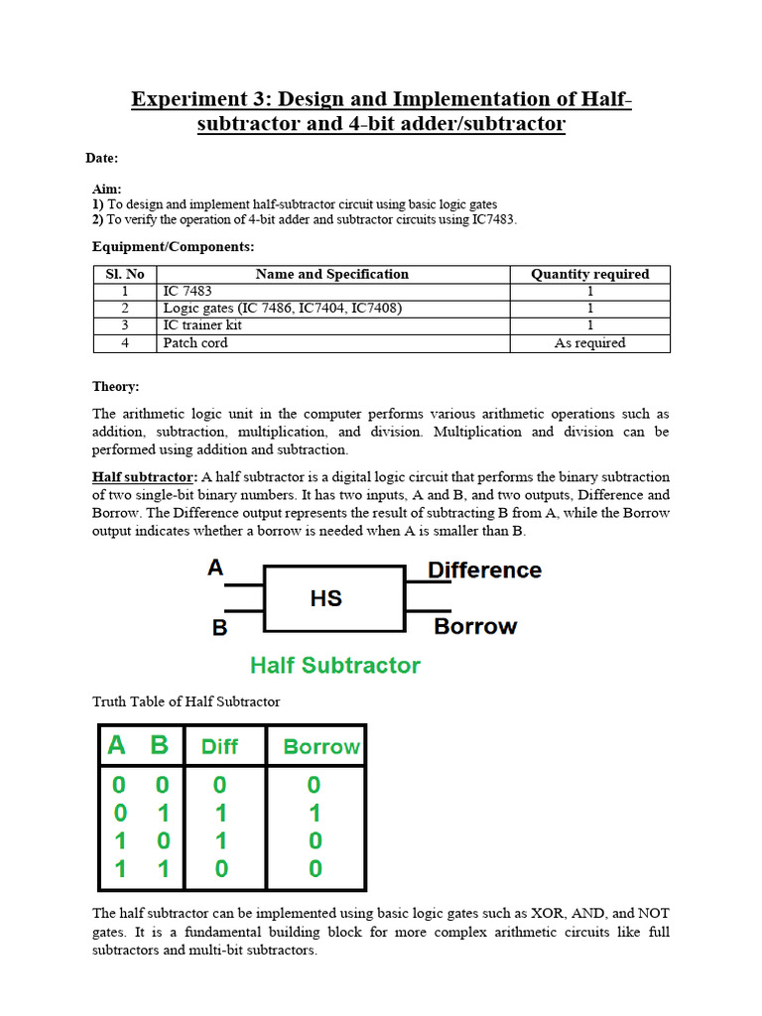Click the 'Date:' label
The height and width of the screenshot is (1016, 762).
pyautogui.click(x=100, y=158)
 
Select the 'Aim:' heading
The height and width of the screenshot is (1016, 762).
pyautogui.click(x=107, y=189)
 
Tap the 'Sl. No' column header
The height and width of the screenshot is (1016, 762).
pyautogui.click(x=125, y=274)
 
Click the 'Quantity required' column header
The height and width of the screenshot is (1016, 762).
pyautogui.click(x=589, y=274)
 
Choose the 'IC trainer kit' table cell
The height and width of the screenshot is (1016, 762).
pyautogui.click(x=202, y=325)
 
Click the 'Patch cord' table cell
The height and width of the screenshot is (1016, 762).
pyautogui.click(x=195, y=343)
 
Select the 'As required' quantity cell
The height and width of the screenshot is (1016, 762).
pyautogui.click(x=589, y=343)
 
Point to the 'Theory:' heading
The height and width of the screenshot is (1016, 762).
pyautogui.click(x=116, y=387)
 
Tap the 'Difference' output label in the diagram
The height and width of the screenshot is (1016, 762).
pyautogui.click(x=484, y=571)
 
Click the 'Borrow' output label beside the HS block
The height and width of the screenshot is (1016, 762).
pyautogui.click(x=475, y=626)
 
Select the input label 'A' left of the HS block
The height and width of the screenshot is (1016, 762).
pyautogui.click(x=215, y=569)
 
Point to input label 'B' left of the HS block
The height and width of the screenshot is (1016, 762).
pyautogui.click(x=219, y=627)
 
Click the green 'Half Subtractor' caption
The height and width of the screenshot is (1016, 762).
pyautogui.click(x=334, y=666)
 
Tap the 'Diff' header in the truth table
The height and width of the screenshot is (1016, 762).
pyautogui.click(x=219, y=747)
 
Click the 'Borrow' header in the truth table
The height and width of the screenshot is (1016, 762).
pyautogui.click(x=320, y=747)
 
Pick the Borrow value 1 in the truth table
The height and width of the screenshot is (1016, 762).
pyautogui.click(x=314, y=814)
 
